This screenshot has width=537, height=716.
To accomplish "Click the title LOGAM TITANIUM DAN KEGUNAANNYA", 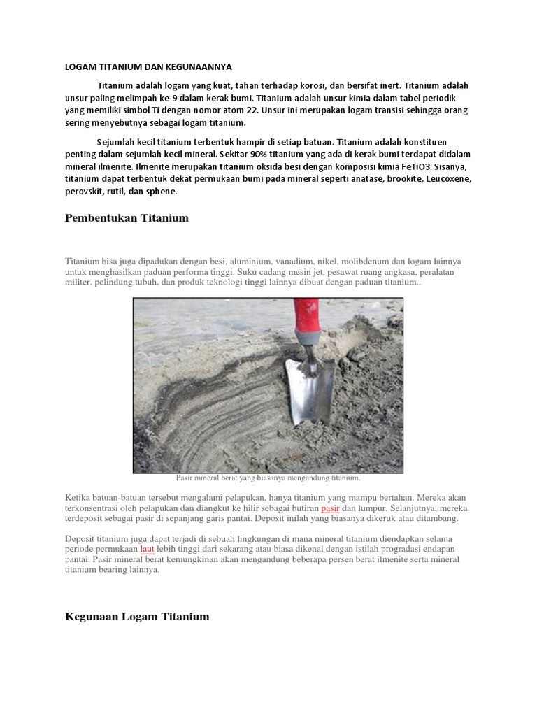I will [x=148, y=67].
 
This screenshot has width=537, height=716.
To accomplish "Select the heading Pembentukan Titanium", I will [x=127, y=218].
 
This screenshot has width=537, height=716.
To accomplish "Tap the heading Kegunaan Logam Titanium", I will [x=137, y=617].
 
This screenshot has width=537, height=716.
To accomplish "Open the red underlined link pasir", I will [x=330, y=508].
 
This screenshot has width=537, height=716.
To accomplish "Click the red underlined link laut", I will [x=147, y=550].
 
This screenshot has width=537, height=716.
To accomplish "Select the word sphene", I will [x=162, y=192].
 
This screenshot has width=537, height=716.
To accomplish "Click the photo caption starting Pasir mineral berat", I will [x=268, y=479].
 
